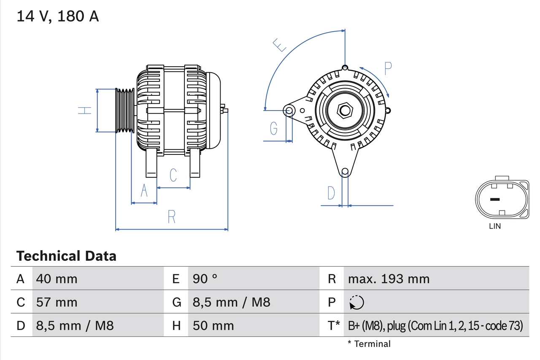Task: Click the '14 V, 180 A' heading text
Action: click(x=58, y=16)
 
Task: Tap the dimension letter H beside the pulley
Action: click(x=85, y=111)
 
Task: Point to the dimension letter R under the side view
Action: click(x=171, y=217)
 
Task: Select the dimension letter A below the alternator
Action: click(x=144, y=191)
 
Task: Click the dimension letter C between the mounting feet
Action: click(x=173, y=175)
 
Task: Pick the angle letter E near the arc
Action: click(x=279, y=45)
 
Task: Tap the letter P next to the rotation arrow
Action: click(x=388, y=68)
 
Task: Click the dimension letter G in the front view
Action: click(x=274, y=128)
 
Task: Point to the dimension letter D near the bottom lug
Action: click(x=331, y=193)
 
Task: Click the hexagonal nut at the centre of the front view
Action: click(x=345, y=111)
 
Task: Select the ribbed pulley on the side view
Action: click(x=125, y=111)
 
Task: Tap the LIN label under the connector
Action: click(x=495, y=226)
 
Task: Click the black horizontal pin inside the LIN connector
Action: click(x=494, y=199)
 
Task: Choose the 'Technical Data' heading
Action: click(x=66, y=256)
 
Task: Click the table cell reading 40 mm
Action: click(x=57, y=279)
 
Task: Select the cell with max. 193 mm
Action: click(x=389, y=279)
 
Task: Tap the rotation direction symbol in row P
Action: click(x=356, y=302)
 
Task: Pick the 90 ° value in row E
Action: click(x=205, y=279)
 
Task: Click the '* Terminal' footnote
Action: click(x=369, y=344)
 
